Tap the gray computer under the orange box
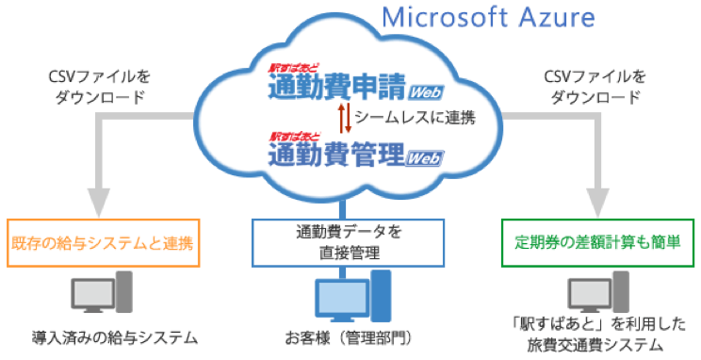[x=100, y=297]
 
